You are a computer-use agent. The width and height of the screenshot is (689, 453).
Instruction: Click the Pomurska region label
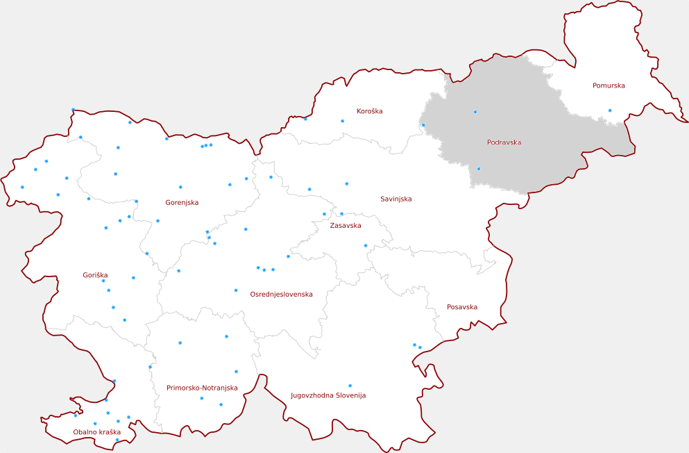[609, 85]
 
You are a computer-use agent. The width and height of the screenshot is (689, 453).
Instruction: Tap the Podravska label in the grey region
[504, 142]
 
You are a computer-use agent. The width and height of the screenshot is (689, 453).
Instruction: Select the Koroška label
[369, 111]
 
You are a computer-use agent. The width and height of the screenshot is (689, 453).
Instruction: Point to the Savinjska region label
[395, 199]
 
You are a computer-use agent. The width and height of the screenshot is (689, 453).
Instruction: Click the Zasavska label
[345, 225]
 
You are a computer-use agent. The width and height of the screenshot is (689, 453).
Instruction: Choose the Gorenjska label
[182, 203]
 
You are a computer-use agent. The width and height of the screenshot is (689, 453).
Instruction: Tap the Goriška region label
[95, 275]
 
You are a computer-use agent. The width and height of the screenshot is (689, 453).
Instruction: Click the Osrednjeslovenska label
[281, 294]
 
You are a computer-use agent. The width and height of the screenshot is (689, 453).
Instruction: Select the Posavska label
[461, 306]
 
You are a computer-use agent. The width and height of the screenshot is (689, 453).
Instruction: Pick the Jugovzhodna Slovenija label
[328, 395]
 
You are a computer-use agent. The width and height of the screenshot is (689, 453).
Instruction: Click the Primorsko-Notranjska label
[202, 388]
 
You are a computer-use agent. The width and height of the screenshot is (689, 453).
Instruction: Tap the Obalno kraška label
[96, 432]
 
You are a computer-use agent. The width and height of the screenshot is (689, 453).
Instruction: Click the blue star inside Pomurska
[610, 110]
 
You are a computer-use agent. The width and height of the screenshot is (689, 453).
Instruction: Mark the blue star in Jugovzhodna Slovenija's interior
[350, 386]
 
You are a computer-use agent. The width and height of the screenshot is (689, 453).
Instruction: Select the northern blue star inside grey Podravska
[475, 112]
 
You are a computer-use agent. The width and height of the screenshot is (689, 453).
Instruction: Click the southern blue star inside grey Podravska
[479, 169]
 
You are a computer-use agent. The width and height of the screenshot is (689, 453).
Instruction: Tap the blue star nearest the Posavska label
[420, 347]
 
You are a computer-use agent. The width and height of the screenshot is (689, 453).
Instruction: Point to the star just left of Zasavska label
[324, 214]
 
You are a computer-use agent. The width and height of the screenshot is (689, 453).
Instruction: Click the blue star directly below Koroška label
[342, 121]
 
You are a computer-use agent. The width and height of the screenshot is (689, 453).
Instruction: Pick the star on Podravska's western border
[423, 125]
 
